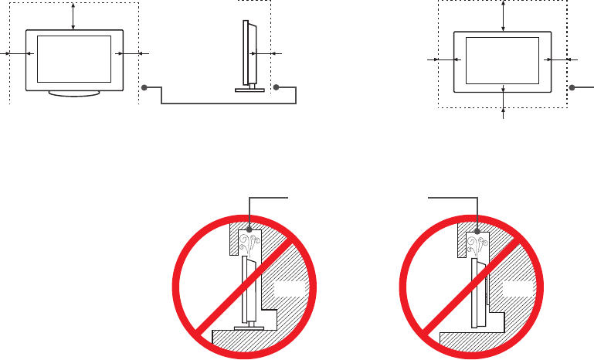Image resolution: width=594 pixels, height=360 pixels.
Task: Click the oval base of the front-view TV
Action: click(73, 93)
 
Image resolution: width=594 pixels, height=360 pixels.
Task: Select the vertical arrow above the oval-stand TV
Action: click(73, 15)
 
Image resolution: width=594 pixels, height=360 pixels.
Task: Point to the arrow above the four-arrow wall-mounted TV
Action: click(504, 15)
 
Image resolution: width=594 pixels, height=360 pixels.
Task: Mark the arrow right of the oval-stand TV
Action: click(131, 53)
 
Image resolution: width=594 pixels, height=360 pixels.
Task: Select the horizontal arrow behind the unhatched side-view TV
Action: click(266, 53)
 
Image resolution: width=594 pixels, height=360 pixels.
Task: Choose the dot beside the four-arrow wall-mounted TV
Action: click(572, 88)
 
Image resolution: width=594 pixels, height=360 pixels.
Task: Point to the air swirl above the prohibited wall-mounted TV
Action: click(477, 245)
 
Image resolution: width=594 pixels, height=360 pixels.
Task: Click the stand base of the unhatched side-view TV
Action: click(249, 90)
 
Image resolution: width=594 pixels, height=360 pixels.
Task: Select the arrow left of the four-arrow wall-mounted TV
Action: click(443, 59)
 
